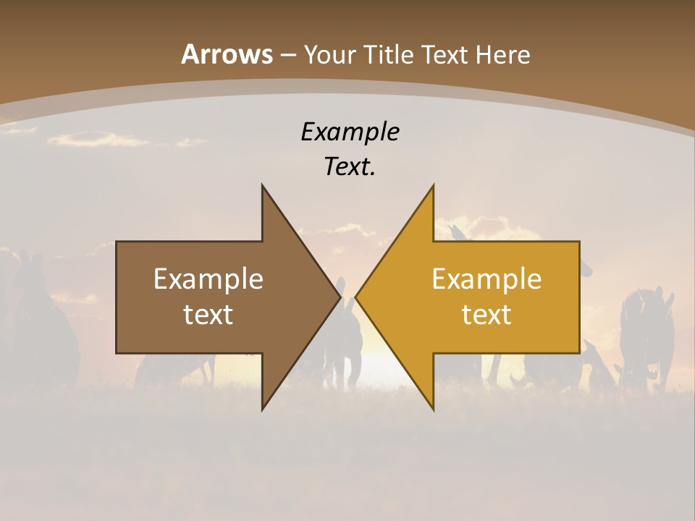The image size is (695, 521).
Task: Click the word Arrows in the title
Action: [227, 54]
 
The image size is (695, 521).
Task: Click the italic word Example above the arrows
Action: [350, 132]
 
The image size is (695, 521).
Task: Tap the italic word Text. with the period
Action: [350, 167]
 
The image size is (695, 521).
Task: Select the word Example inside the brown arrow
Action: [208, 279]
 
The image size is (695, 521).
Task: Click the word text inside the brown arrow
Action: [208, 314]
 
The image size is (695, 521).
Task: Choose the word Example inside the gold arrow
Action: [486, 279]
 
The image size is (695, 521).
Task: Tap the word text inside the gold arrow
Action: [486, 314]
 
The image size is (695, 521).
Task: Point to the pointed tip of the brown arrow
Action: [340, 297]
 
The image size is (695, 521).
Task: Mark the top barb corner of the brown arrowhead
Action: [262, 186]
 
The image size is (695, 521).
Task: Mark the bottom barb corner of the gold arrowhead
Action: [433, 409]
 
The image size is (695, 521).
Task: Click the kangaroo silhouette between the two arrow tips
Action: [348, 340]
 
